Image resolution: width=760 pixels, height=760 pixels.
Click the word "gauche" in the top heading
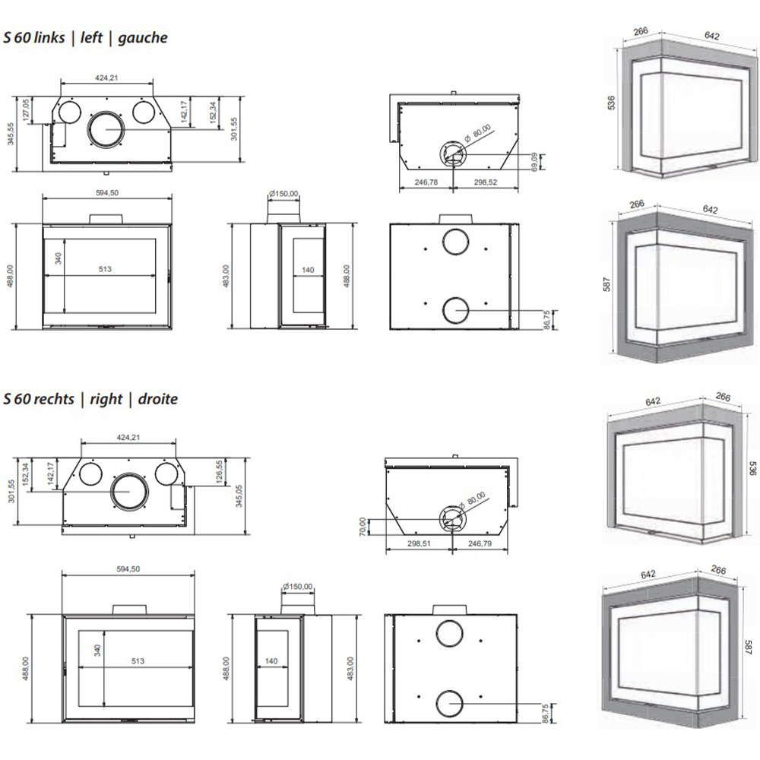[144, 38]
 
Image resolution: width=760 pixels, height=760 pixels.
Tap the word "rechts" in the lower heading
[51, 399]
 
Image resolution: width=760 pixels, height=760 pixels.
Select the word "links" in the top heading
[46, 38]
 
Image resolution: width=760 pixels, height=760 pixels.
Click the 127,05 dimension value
[26, 110]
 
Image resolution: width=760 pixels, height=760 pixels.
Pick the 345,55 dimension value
[10, 137]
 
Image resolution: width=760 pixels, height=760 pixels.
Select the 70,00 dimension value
[363, 526]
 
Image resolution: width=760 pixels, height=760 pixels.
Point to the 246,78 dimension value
[425, 182]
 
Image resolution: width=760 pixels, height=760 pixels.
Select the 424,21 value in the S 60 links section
[106, 78]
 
